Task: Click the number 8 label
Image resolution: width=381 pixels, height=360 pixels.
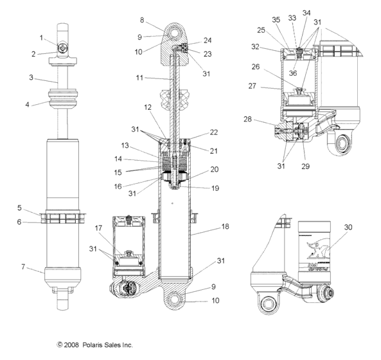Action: (143, 20)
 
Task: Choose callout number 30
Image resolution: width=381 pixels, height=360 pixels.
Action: (349, 227)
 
